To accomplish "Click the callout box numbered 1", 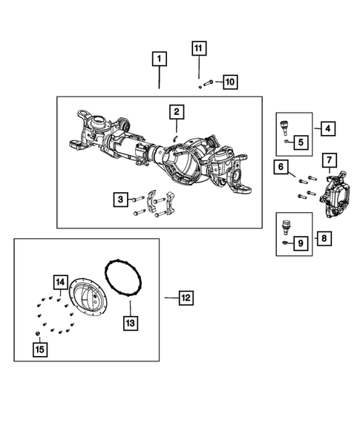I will tap(160, 58).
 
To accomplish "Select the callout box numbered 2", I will tap(177, 112).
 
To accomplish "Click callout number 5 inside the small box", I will tap(301, 141).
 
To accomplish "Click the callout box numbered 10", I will tap(229, 81).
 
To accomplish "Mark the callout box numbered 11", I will tap(198, 49).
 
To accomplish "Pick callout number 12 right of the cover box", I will tap(185, 298).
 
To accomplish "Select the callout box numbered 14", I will tap(59, 282).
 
